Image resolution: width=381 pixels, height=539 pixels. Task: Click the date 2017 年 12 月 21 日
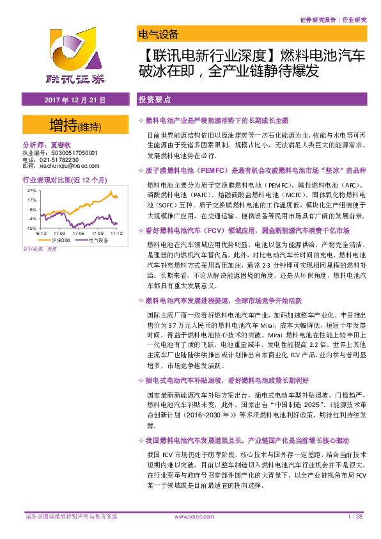pyautogui.click(x=75, y=101)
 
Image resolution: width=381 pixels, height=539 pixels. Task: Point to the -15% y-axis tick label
pyautogui.click(x=31, y=228)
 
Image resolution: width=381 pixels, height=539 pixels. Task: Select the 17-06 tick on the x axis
pyautogui.click(x=79, y=234)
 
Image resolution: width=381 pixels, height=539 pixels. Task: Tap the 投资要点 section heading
pyautogui.click(x=155, y=101)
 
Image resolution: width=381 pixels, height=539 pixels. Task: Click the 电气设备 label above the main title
pyautogui.click(x=158, y=35)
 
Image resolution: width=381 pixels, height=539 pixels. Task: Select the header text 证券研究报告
pyautogui.click(x=318, y=20)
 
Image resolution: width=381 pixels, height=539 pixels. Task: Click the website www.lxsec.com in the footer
pyautogui.click(x=190, y=517)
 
